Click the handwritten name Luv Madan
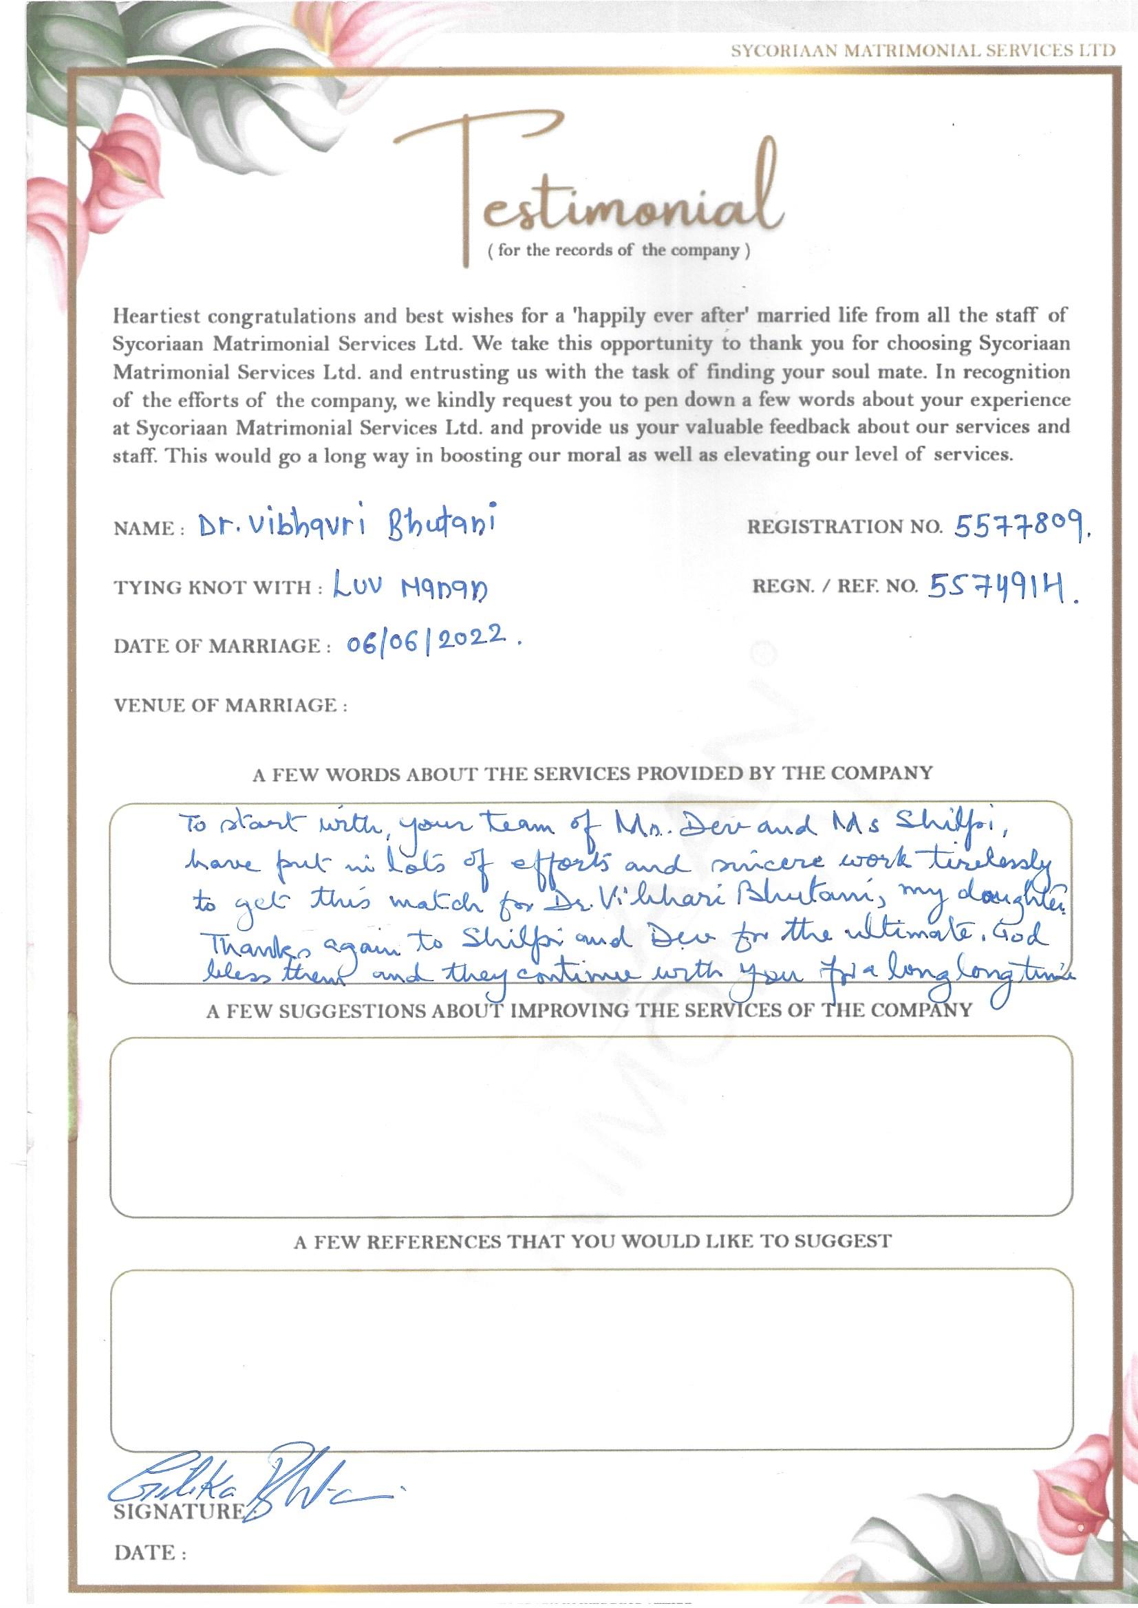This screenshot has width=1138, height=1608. [x=409, y=587]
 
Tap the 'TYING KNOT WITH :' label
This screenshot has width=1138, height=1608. [x=217, y=587]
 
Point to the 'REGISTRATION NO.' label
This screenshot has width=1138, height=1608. [x=844, y=528]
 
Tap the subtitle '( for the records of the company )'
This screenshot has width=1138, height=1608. [x=618, y=251]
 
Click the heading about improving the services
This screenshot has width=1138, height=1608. [x=589, y=1010]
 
